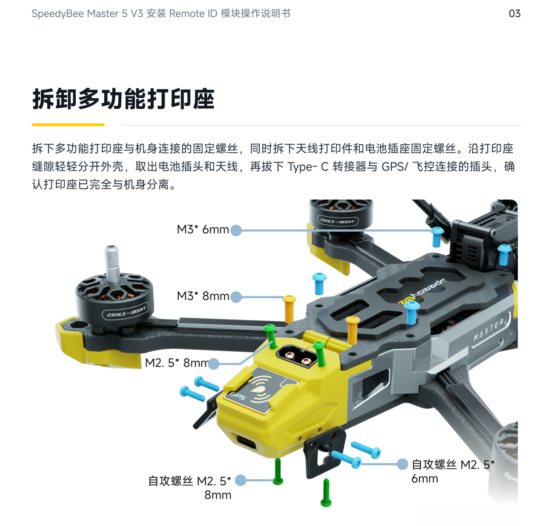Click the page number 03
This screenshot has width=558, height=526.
coord(514,13)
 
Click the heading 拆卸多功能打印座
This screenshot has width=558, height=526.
coord(124,99)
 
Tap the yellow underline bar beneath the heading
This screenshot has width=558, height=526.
coord(68,125)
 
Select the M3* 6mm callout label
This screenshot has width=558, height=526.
coord(203,229)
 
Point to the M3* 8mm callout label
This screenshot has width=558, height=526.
coord(203,296)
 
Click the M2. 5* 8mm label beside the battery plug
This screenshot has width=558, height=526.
coord(177,363)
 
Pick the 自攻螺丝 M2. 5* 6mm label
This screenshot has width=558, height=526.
coord(453,471)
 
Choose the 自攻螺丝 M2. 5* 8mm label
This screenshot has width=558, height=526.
coord(190,488)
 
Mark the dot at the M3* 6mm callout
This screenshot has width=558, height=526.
coord(236,230)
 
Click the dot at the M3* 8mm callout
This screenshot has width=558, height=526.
coord(236,297)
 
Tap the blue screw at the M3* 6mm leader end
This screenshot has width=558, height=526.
coord(437,237)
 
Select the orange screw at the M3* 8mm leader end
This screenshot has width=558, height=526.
coord(289,309)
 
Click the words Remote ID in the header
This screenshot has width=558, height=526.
coord(193,13)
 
